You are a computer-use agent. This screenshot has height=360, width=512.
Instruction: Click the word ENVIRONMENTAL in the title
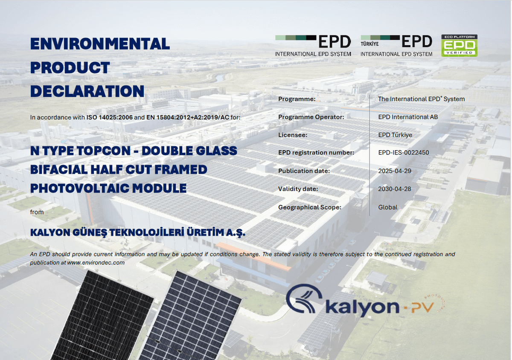100,44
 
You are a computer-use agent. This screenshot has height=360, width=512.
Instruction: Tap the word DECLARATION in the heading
87,91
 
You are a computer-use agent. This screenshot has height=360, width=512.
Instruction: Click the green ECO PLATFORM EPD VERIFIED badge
459,46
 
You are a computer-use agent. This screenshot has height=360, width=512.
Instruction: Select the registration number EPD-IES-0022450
404,153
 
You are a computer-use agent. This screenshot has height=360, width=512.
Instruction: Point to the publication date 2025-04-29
395,171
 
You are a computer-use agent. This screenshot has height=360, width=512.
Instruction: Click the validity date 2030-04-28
395,189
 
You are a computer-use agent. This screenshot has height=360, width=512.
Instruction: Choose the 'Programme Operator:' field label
311,117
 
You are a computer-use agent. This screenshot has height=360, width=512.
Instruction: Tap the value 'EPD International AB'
408,117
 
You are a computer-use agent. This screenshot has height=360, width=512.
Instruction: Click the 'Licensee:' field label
293,135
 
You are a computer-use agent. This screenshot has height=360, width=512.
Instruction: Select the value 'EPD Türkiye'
395,135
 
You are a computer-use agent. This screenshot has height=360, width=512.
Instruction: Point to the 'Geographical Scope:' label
310,207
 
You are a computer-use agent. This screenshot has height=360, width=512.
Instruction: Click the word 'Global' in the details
388,207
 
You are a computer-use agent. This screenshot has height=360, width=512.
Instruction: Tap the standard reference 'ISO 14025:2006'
109,117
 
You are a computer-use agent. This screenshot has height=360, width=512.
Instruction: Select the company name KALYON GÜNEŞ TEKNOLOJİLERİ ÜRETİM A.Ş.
138,232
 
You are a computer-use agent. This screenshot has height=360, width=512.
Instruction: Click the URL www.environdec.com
96,263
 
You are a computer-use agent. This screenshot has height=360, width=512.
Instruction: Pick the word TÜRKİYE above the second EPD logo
369,44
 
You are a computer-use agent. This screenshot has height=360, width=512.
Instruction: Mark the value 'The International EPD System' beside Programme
421,99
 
